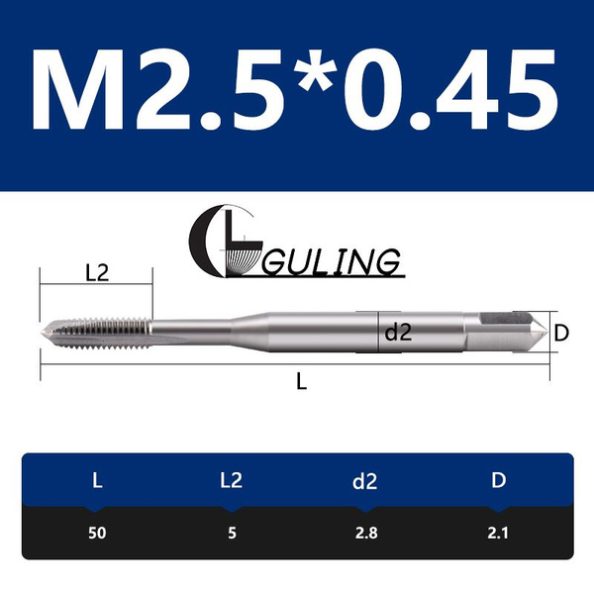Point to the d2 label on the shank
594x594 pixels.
pyautogui.click(x=397, y=334)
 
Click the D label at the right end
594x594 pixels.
pyautogui.click(x=559, y=334)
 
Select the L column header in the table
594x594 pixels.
pyautogui.click(x=96, y=481)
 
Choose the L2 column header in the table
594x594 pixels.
pyautogui.click(x=230, y=481)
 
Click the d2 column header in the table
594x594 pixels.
pyautogui.click(x=364, y=481)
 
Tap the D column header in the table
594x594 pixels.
pyautogui.click(x=498, y=481)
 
